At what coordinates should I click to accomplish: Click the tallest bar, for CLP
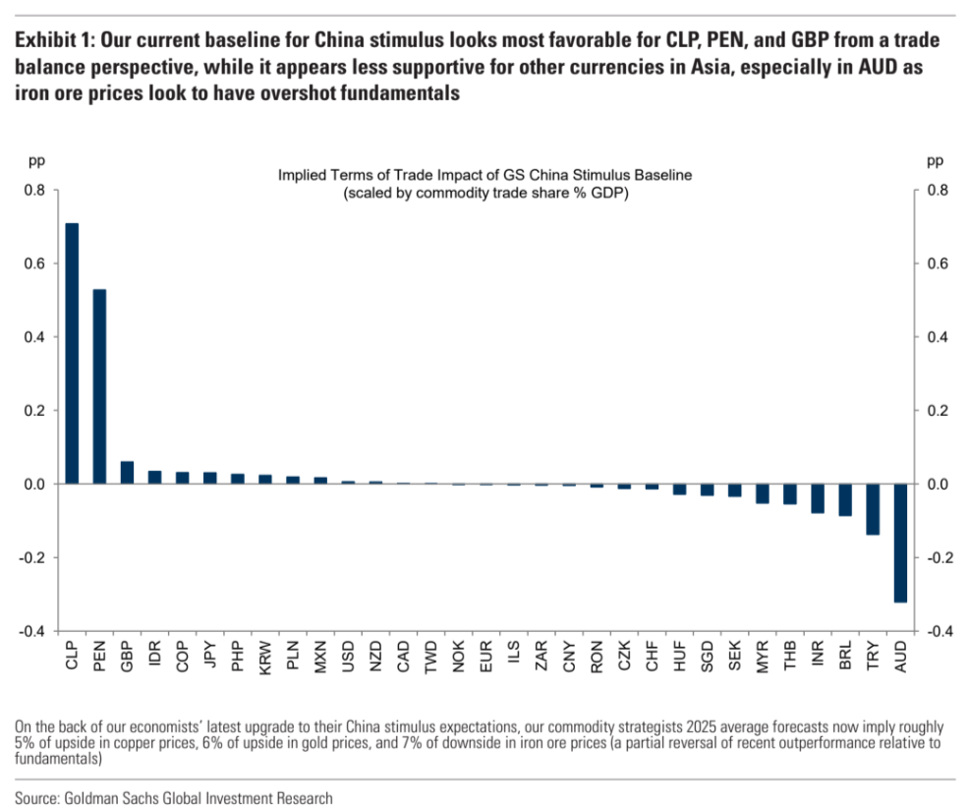pos(72,354)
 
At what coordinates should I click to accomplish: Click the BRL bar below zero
pos(845,499)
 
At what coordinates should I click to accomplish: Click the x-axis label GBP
pos(127,657)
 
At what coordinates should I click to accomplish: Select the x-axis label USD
pos(348,657)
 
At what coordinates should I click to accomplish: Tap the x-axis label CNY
pos(569,657)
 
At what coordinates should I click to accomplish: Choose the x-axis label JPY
pos(209,657)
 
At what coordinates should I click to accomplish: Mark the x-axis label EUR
pos(486,657)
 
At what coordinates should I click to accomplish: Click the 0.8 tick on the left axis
pos(35,190)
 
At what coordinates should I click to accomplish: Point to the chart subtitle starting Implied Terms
pos(485,175)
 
